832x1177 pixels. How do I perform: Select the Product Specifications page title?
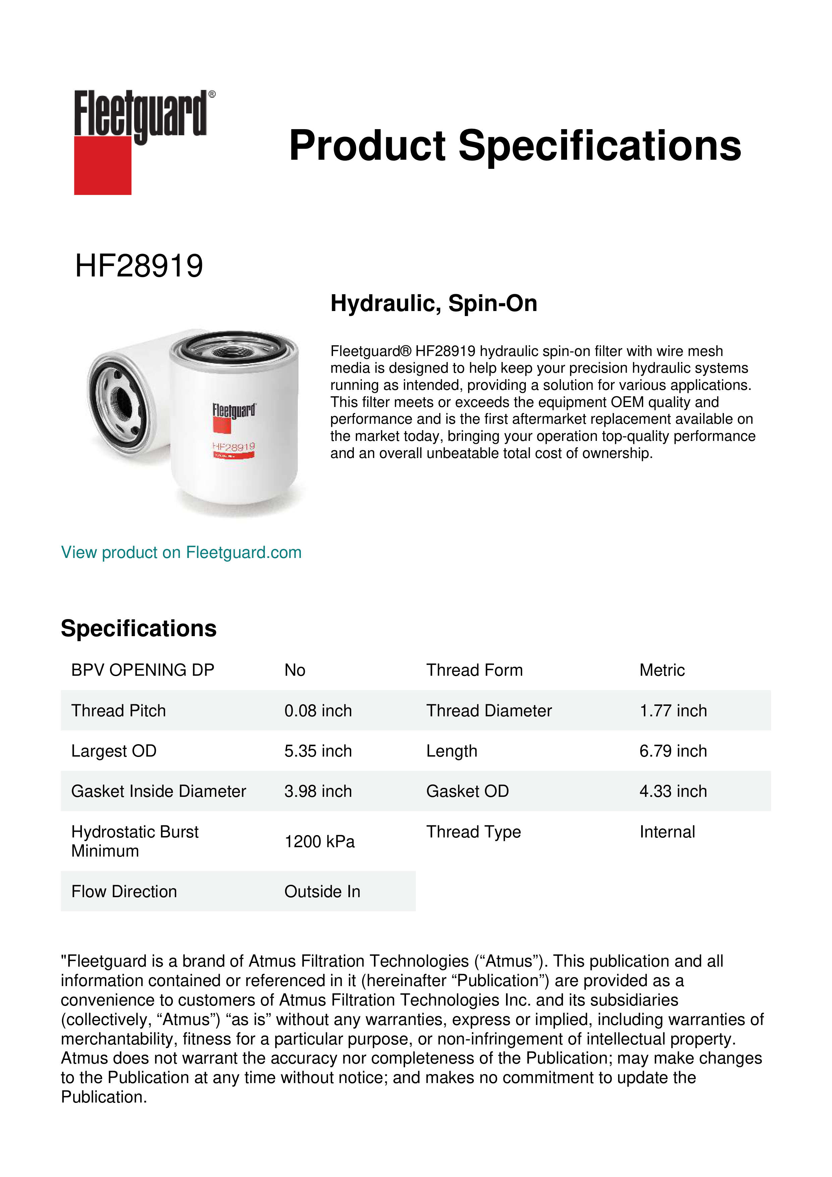tap(514, 146)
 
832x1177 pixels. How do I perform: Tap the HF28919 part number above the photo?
tap(139, 266)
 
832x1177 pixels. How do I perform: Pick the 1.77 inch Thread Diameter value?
tap(673, 711)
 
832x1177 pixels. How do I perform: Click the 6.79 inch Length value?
tap(673, 751)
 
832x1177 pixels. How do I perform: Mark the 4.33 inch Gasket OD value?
tap(673, 791)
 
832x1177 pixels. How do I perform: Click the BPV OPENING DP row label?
tap(143, 670)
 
